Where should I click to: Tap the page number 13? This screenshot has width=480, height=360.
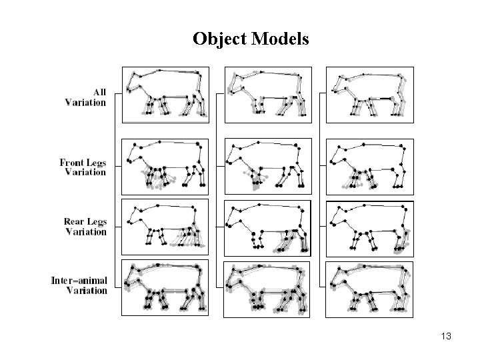coord(446,337)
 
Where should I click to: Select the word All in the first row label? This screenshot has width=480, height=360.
coord(99,92)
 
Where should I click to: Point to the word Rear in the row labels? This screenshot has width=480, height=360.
coord(77,222)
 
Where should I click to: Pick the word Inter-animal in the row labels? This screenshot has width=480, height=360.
coord(79,280)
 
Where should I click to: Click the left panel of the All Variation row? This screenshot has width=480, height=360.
coord(165,94)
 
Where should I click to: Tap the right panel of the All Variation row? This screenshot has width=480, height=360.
coord(370,94)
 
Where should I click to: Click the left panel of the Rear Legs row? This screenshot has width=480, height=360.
coord(165,227)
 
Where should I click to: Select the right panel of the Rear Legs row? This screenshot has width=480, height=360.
coord(370,227)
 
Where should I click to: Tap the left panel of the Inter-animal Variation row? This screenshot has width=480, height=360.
coord(165,287)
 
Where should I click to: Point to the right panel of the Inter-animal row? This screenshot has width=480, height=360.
coord(370,287)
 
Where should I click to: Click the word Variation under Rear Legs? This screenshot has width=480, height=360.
coord(85,232)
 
